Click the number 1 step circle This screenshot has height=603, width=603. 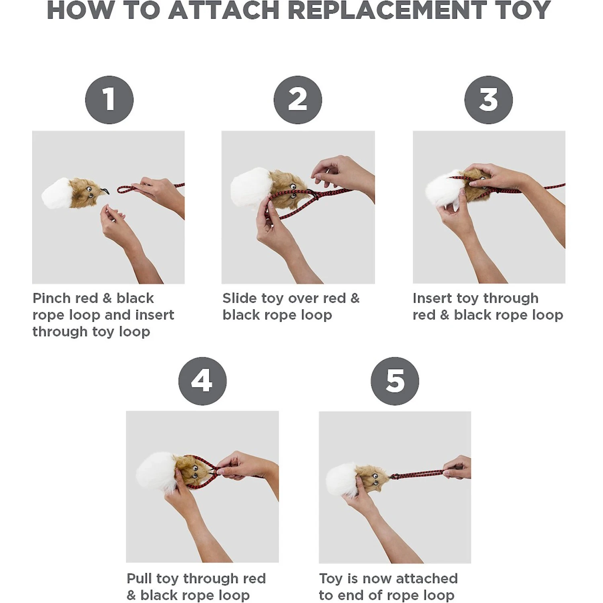pyautogui.click(x=109, y=100)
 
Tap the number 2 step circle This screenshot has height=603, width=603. pyautogui.click(x=298, y=100)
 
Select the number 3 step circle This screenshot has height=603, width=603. pyautogui.click(x=488, y=100)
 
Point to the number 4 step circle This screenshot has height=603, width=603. pyautogui.click(x=202, y=381)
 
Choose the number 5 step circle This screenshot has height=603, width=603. pyautogui.click(x=395, y=381)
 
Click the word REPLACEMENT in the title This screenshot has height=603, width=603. pyautogui.click(x=387, y=11)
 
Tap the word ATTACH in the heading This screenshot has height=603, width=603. pyautogui.click(x=223, y=11)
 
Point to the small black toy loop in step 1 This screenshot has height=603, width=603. pyautogui.click(x=106, y=190)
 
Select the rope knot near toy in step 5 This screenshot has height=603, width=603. pyautogui.click(x=394, y=477)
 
